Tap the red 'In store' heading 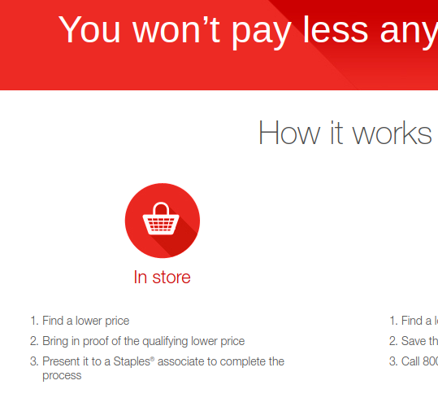pyautogui.click(x=162, y=278)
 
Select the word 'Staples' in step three pyautogui.click(x=129, y=361)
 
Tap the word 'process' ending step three pyautogui.click(x=62, y=375)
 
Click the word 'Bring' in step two pyautogui.click(x=56, y=341)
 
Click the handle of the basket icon pyautogui.click(x=161, y=208)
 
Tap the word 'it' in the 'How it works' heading pyautogui.click(x=338, y=133)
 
